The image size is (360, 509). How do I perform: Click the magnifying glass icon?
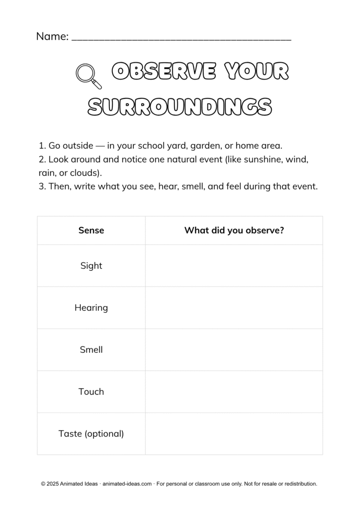[88, 76]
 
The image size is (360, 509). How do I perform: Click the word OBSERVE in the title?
[164, 72]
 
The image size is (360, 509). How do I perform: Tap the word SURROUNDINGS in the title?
[180, 106]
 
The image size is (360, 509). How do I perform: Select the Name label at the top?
[52, 36]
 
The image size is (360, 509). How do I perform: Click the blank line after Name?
[181, 38]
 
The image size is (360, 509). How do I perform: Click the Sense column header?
[91, 230]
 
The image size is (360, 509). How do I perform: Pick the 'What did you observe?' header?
[234, 230]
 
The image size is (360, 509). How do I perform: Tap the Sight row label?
[91, 265]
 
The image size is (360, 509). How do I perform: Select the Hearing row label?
[91, 308]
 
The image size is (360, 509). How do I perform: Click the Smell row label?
[91, 349]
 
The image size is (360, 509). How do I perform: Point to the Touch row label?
[91, 392]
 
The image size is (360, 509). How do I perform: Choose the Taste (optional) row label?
[91, 433]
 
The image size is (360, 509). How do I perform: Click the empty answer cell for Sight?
[234, 265]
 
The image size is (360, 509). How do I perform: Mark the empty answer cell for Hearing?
[234, 308]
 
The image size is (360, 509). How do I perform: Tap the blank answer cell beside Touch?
[234, 392]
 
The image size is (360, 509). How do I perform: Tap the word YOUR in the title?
[257, 72]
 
